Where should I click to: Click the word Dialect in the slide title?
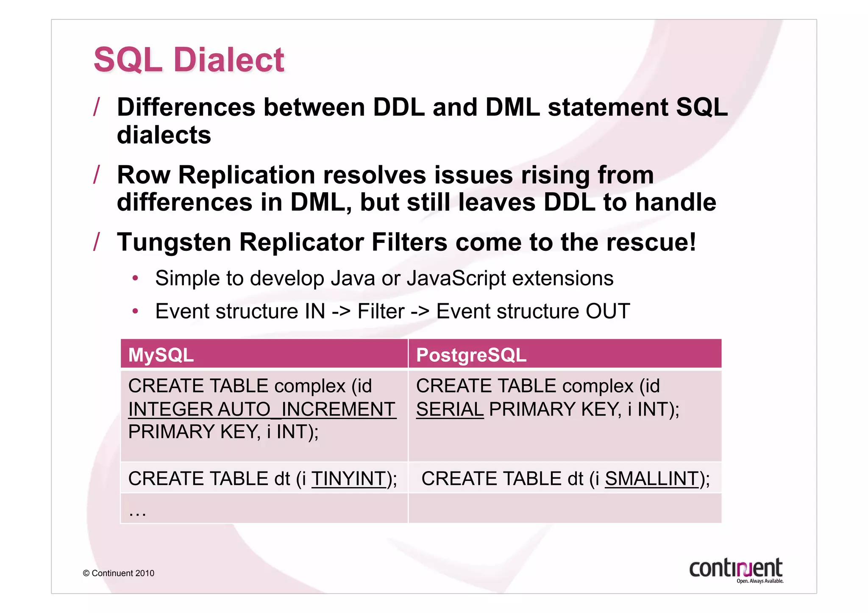coord(229,60)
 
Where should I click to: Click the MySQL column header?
coord(161,355)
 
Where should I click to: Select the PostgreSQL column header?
coord(471,355)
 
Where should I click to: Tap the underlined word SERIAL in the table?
coord(450,409)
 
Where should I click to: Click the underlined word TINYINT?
coord(349,479)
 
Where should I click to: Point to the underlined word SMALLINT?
coord(651,479)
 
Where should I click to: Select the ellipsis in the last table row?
coord(137,513)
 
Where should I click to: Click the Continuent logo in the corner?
coord(735,568)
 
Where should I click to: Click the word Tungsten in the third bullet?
coord(174,242)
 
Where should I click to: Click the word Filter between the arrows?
coord(381,311)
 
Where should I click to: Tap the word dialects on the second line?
coord(164,135)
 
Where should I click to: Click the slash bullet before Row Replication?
coord(97,174)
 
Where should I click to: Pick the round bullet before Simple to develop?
coord(135,278)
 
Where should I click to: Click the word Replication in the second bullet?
coord(247,175)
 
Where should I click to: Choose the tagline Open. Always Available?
coord(759,581)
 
